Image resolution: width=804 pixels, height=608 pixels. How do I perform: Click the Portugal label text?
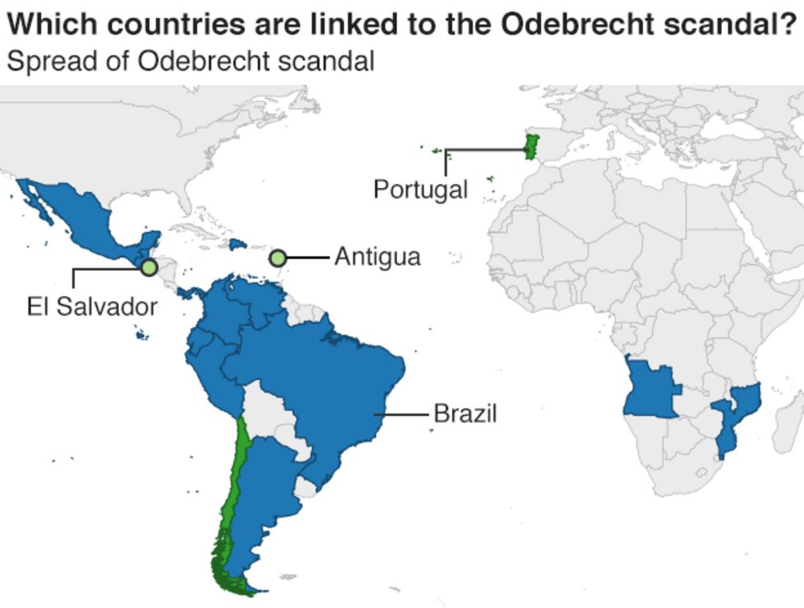coord(420,189)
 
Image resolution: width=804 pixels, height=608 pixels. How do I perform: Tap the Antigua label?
coord(377,257)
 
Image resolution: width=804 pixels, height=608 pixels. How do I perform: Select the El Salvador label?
coord(91,307)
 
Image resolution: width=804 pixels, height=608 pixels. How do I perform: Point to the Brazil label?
coord(465,413)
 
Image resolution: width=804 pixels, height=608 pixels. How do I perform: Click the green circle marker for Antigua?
coord(278,258)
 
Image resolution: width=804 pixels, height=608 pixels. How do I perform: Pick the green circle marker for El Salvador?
coord(148,267)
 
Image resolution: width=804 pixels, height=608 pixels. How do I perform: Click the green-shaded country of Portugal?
coord(531,147)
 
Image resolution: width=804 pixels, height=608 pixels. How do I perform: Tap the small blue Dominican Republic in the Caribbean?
coord(238,245)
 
